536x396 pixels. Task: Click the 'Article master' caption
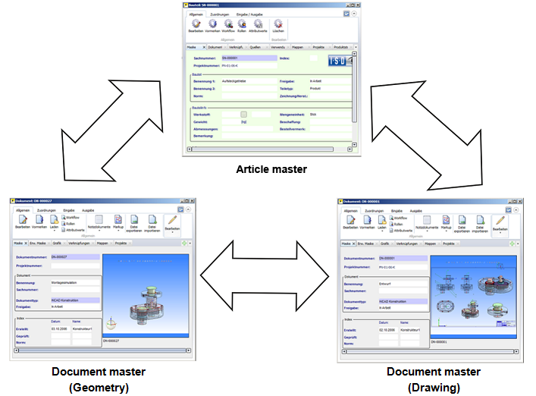pyautogui.click(x=271, y=169)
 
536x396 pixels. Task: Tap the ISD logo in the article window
pyautogui.click(x=340, y=61)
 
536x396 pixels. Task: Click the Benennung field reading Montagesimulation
pyautogui.click(x=74, y=282)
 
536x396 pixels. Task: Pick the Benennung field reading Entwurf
pyautogui.click(x=401, y=282)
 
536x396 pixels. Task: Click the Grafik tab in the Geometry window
pyautogui.click(x=56, y=244)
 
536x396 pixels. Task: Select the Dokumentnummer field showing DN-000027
pyautogui.click(x=75, y=257)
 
